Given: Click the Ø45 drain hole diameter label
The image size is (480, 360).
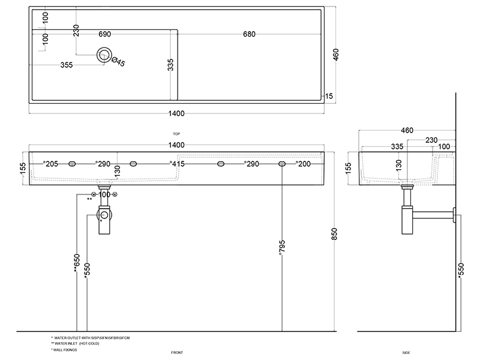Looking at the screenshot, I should [118, 62].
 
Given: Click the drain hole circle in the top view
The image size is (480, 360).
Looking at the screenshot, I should [104, 55].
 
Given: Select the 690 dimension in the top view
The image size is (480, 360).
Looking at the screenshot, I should [104, 34].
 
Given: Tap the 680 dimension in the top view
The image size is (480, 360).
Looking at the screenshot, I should [250, 34].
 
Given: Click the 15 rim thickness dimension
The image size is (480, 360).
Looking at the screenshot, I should [329, 96].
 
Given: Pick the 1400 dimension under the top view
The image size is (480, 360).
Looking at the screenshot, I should [176, 113].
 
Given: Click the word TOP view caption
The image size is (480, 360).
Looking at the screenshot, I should [176, 134].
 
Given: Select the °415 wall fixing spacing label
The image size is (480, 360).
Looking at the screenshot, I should [176, 163].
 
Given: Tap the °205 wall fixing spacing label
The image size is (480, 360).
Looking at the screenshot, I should [50, 163].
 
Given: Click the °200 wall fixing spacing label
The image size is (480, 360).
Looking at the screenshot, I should [303, 163].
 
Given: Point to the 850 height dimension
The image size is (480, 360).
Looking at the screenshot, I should [335, 233].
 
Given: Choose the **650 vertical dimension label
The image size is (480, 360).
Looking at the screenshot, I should [77, 263].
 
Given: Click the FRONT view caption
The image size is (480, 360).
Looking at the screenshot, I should [176, 352].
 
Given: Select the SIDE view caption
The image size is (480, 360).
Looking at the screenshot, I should [406, 352].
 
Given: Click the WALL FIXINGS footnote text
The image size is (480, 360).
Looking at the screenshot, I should [65, 349].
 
